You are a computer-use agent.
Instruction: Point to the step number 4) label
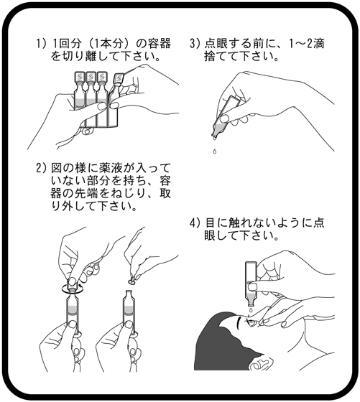(197, 223)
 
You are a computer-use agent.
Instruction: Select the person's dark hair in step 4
(216, 352)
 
